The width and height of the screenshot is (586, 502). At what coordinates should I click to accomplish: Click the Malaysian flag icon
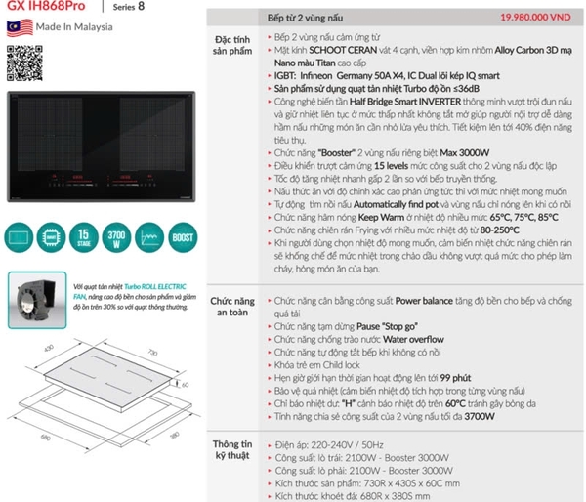tap(17, 26)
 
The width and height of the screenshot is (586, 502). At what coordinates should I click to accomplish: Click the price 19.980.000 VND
tap(534, 18)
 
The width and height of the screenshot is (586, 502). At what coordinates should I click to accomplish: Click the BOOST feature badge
tap(179, 237)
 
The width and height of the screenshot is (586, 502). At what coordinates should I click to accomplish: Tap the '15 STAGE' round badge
tap(86, 237)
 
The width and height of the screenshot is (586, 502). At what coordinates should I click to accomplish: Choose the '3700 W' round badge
tap(116, 237)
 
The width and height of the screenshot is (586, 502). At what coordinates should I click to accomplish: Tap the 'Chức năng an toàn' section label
tap(233, 310)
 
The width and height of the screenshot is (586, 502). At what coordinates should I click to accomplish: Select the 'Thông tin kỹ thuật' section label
tap(233, 453)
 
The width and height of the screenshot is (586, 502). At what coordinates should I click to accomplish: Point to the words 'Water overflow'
tap(416, 339)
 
